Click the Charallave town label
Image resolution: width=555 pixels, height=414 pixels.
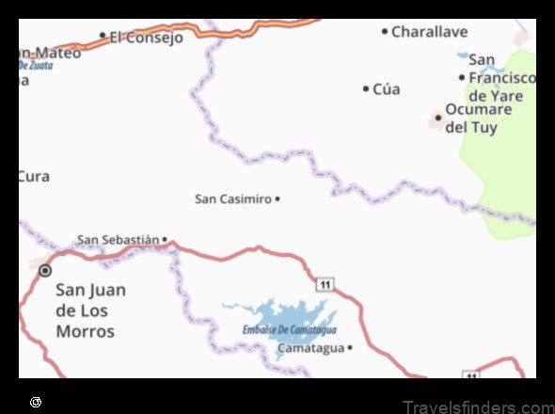[429, 31]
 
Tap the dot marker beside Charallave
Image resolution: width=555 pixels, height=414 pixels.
[384, 31]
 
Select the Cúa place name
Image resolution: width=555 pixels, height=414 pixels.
[386, 88]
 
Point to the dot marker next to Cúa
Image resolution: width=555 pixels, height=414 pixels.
[366, 88]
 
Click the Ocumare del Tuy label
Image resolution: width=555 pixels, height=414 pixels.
[478, 118]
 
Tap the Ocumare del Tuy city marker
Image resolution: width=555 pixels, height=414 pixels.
[436, 119]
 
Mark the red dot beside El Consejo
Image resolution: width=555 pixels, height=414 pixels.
[103, 36]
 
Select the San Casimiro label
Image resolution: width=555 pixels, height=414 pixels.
[232, 199]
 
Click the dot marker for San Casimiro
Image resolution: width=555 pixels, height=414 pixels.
[277, 199]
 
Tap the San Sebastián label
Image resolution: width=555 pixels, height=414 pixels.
[118, 240]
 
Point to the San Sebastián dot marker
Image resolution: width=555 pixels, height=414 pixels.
[165, 239]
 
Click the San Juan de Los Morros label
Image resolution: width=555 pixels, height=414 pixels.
[90, 310]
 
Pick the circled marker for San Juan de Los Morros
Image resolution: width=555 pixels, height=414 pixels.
[45, 271]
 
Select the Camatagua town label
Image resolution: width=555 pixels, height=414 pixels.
[310, 348]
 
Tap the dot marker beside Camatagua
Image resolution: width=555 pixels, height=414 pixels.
[349, 348]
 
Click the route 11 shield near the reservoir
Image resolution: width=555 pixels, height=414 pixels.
[325, 284]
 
